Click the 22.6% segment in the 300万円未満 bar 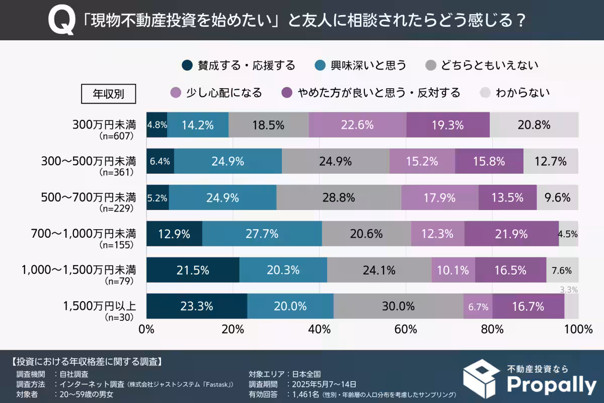coord(357,125)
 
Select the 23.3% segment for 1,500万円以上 coord(197,306)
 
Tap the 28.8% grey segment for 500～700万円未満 coord(338,197)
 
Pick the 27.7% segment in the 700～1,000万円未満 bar coord(262,234)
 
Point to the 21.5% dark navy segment coord(193,270)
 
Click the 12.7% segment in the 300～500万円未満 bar coord(551,161)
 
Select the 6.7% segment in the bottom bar coord(478,306)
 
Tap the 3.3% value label coord(568,290)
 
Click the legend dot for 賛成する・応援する coord(187,65)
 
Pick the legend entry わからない coord(522,93)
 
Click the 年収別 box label coord(108,93)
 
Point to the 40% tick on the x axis coord(320,330)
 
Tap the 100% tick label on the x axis coord(578,330)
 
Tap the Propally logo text coord(551,385)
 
